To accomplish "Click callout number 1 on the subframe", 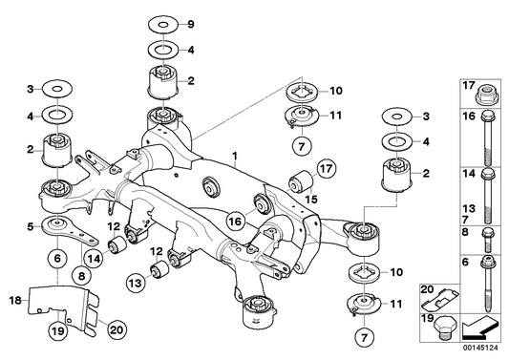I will [x=233, y=153].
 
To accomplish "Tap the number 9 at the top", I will [x=190, y=23].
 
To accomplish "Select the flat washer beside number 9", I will [x=158, y=22].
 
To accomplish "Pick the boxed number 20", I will [x=427, y=290].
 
